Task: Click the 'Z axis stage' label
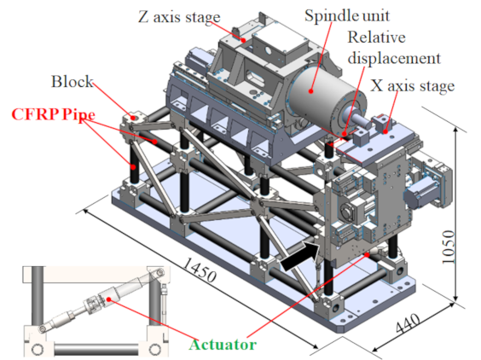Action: coord(179,17)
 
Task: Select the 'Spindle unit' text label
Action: coord(347,15)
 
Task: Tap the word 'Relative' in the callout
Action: coord(376,38)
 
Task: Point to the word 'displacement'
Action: coord(394,58)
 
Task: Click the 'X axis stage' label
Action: coord(412,86)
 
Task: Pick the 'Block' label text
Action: coord(72,82)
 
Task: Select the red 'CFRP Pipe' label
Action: coord(54,114)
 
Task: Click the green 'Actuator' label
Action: coord(223,345)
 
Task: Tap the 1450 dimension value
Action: coord(200,270)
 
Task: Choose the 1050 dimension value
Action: coord(449,247)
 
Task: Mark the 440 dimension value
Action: coord(408,323)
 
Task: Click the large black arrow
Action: coord(300,256)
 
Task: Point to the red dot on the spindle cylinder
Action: coord(311,90)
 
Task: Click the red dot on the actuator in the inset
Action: coord(108,299)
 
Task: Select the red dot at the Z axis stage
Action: coord(244,40)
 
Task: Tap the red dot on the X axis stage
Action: coord(385,131)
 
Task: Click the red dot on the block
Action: coord(133,117)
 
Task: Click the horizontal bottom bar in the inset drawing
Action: coord(96,349)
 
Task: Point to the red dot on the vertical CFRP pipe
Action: coord(133,166)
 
